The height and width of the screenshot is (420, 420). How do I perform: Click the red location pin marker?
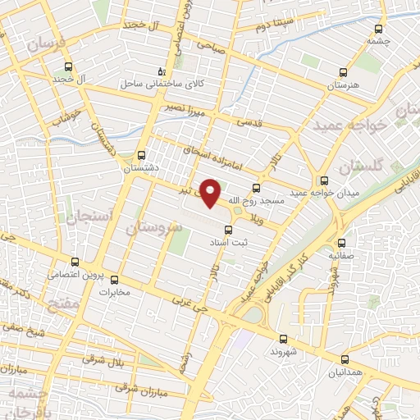tap(212, 194)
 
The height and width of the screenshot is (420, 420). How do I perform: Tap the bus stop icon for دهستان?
tap(142, 154)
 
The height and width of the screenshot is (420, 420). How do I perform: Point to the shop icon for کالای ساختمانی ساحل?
tap(162, 71)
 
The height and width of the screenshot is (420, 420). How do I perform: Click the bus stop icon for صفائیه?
tap(342, 243)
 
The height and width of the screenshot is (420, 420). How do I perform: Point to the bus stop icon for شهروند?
tap(282, 339)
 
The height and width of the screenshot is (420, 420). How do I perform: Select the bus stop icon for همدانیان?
tap(345, 358)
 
